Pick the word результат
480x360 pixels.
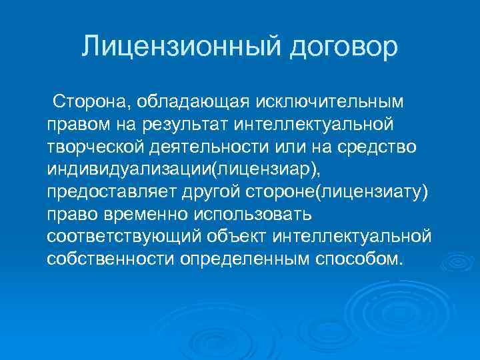(x=203, y=125)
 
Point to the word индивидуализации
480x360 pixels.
(x=129, y=169)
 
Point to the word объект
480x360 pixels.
(x=243, y=236)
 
